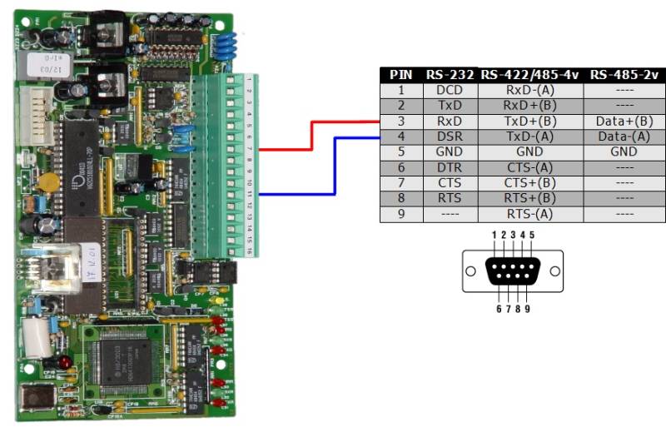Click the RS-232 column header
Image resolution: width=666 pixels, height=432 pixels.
[450, 75]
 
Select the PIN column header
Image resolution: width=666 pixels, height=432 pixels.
[401, 75]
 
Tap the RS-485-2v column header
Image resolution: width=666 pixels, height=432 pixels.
[624, 75]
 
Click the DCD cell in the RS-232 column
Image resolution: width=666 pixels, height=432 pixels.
[450, 90]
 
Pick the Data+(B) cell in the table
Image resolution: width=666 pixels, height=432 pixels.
[624, 121]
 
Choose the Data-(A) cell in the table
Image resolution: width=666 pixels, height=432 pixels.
[624, 136]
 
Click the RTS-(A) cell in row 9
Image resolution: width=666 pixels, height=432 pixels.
[530, 214]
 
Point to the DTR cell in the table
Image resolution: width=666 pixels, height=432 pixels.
[450, 167]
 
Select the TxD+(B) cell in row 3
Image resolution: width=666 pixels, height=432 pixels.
[530, 121]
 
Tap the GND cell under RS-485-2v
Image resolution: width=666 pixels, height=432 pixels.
[624, 151]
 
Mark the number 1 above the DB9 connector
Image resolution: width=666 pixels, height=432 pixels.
[494, 236]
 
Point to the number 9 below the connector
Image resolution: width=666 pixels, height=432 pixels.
[527, 309]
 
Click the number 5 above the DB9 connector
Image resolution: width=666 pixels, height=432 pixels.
[532, 236]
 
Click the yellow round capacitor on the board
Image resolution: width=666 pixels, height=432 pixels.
[49, 182]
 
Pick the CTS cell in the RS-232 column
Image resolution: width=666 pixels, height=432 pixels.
[450, 182]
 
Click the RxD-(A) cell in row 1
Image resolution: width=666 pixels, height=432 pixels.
[530, 90]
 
